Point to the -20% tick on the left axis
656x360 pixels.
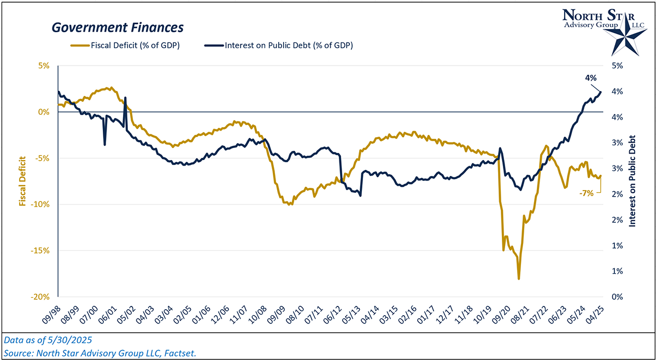[41, 297]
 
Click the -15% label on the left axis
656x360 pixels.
[41, 251]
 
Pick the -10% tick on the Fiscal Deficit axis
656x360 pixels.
[41, 204]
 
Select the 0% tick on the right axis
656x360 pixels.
[616, 297]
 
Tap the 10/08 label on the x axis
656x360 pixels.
[258, 314]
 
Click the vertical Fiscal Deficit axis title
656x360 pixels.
[23, 181]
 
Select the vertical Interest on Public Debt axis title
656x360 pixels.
[632, 181]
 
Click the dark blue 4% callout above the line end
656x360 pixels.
[590, 78]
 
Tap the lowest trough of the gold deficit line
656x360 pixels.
[518, 279]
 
